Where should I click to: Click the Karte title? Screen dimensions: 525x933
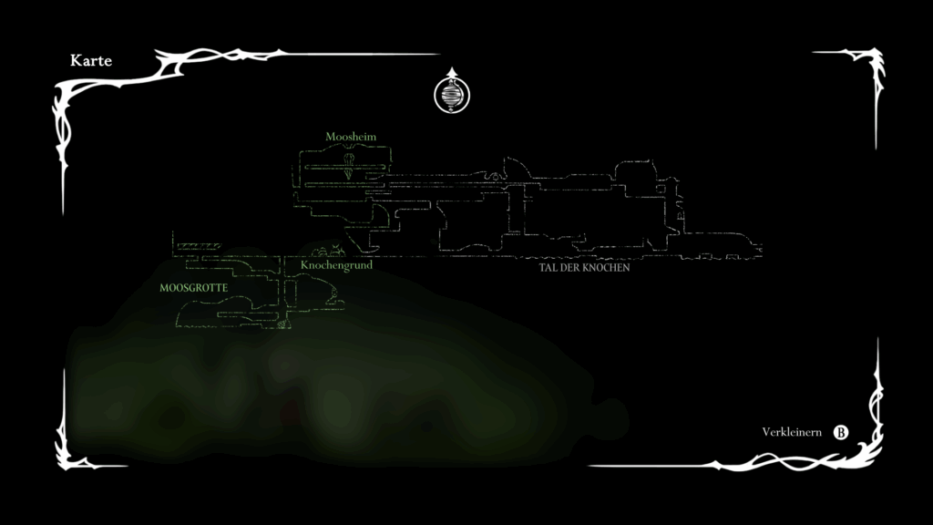point(90,60)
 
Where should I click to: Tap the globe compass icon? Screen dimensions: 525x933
point(451,94)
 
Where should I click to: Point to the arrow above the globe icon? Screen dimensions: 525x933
point(451,71)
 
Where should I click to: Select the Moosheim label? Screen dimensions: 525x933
point(351,137)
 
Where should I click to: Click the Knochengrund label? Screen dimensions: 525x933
point(336,265)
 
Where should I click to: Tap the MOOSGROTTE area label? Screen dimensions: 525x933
point(192,287)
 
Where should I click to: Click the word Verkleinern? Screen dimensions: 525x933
point(791,432)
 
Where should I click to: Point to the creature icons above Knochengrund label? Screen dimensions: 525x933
point(327,250)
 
